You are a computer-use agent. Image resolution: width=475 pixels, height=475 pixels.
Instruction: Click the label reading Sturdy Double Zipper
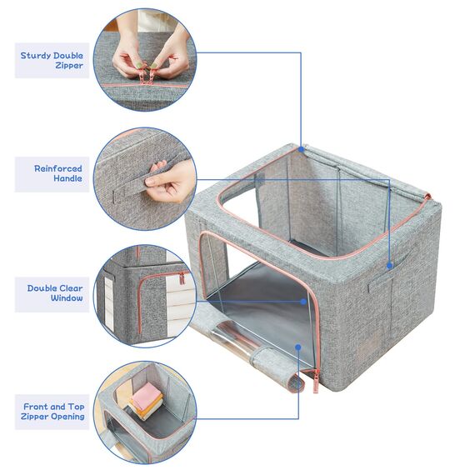pyautogui.click(x=52, y=61)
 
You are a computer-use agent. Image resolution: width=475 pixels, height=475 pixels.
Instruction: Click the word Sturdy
pyautogui.click(x=37, y=56)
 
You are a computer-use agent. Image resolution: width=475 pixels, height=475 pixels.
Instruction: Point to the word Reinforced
pyautogui.click(x=57, y=168)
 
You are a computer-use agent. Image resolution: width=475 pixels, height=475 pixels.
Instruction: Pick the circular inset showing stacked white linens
pyautogui.click(x=143, y=292)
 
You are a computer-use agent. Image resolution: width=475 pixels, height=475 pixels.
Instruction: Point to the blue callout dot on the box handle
pyautogui.click(x=389, y=266)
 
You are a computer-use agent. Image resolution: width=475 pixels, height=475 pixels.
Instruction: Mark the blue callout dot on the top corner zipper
pyautogui.click(x=301, y=151)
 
